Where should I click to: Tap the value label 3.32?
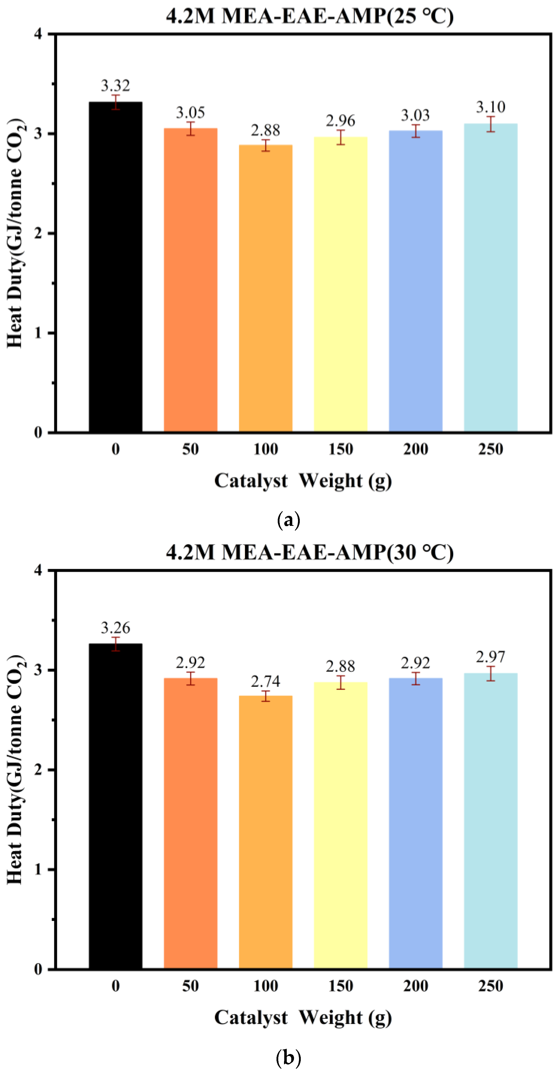pyautogui.click(x=115, y=86)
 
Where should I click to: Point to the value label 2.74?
pyautogui.click(x=265, y=681)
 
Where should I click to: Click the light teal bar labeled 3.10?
pyautogui.click(x=491, y=278)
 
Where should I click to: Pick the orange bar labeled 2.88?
pyautogui.click(x=265, y=288)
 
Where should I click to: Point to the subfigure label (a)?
pyautogui.click(x=289, y=520)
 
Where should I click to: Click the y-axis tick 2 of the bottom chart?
pyautogui.click(x=39, y=769)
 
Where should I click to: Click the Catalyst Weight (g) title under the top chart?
pyautogui.click(x=303, y=481)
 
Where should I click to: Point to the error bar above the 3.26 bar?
pyautogui.click(x=115, y=644)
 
